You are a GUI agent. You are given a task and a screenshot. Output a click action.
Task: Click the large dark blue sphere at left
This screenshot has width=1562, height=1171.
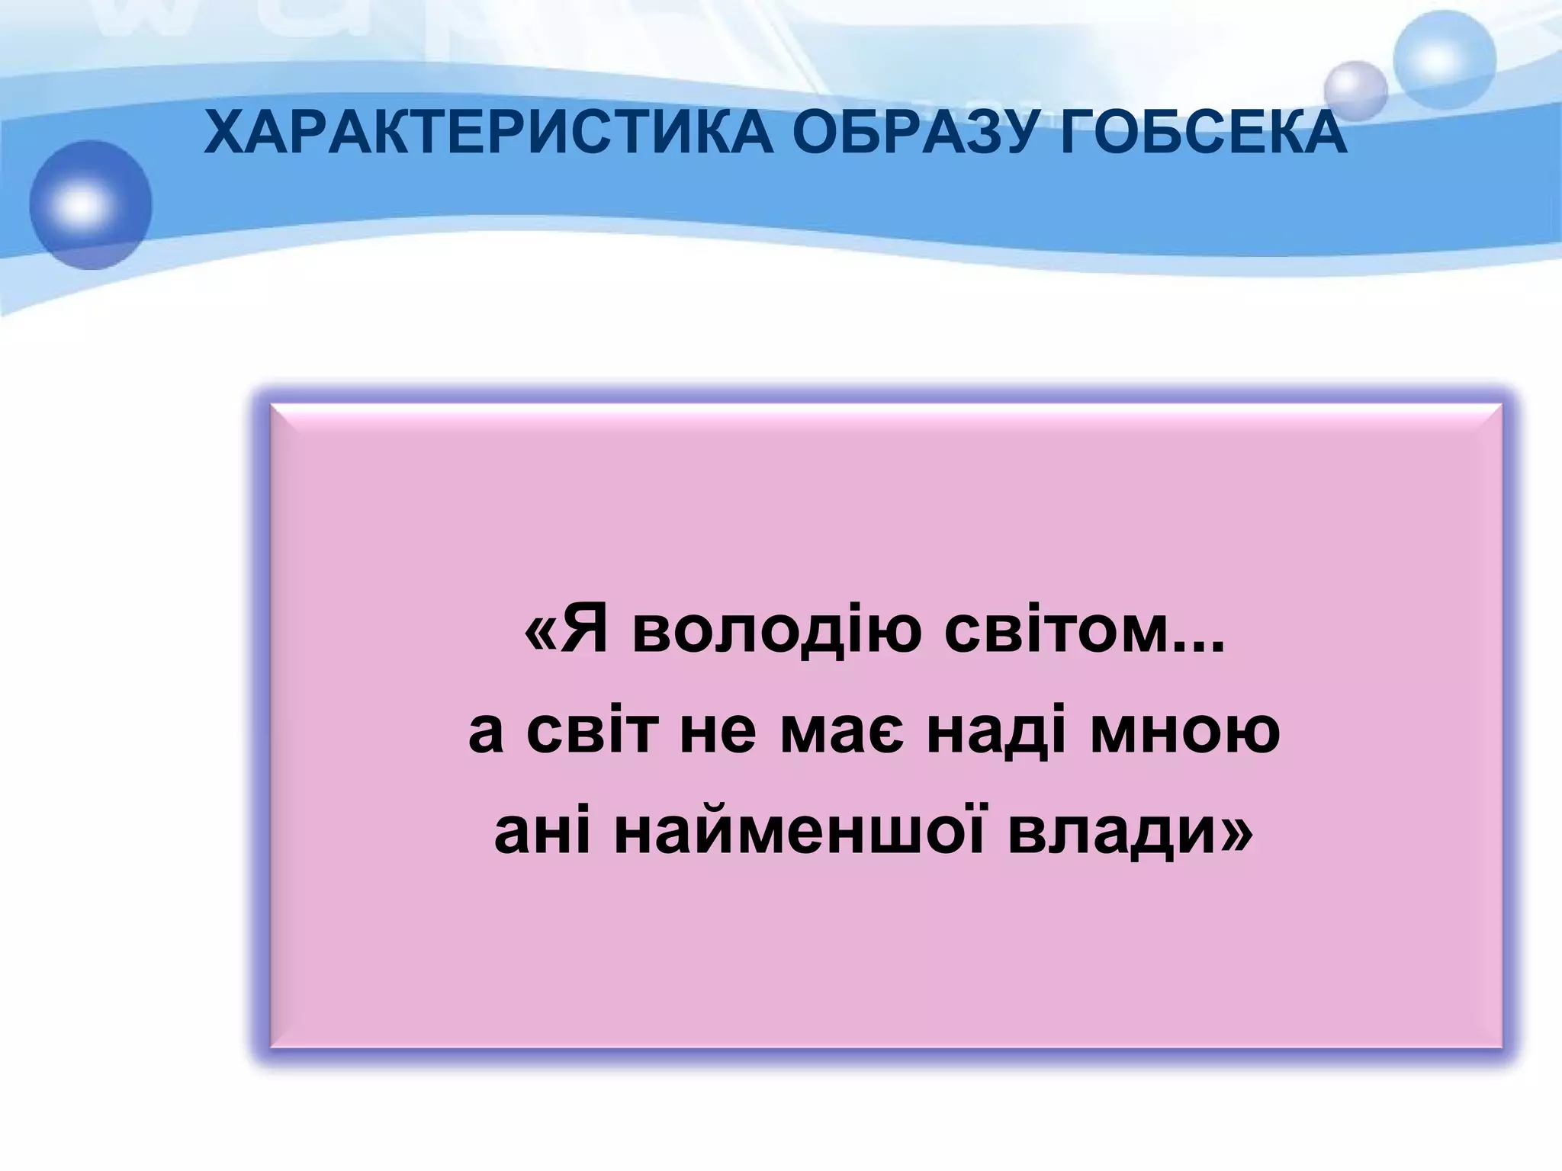pyautogui.click(x=91, y=204)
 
